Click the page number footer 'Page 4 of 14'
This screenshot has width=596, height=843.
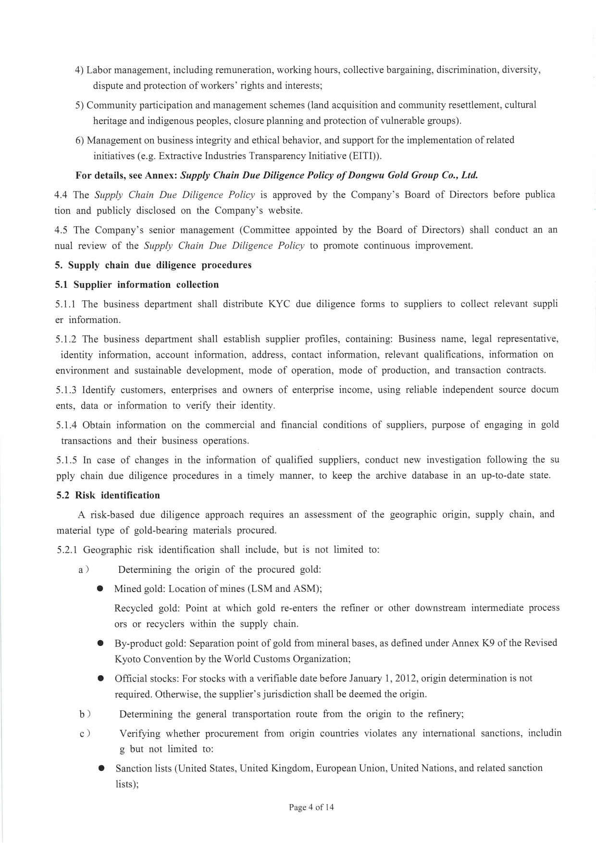click(x=311, y=807)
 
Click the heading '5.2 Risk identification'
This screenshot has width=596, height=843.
click(x=108, y=495)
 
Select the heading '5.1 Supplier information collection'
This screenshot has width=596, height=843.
click(x=137, y=285)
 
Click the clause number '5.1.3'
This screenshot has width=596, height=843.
click(x=66, y=389)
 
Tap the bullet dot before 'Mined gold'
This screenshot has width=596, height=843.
click(x=100, y=589)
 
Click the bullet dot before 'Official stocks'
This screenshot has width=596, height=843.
click(x=100, y=679)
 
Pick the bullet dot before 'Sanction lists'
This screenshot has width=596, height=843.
click(x=101, y=768)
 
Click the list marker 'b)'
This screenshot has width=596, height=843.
click(x=85, y=714)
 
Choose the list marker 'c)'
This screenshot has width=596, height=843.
click(x=85, y=733)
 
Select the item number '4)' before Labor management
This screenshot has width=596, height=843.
click(x=80, y=70)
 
